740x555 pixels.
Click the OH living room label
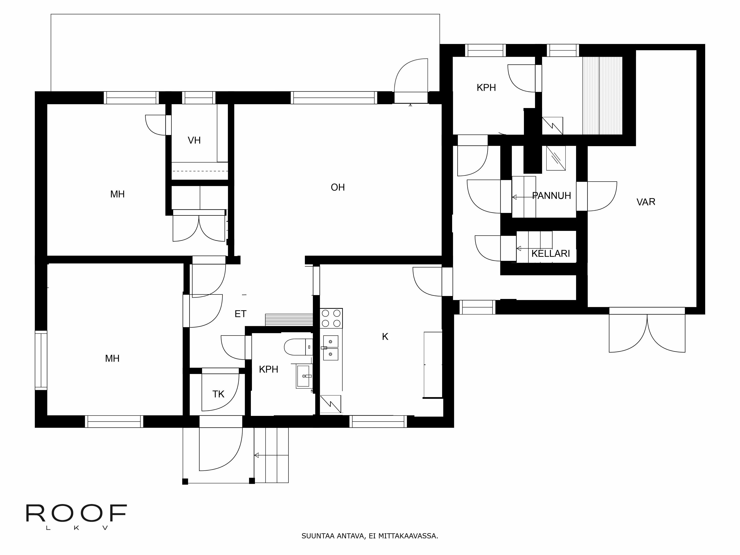tap(338, 187)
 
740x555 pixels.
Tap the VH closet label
tap(194, 140)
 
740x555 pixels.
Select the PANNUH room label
tap(551, 196)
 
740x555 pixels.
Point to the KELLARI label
tap(550, 254)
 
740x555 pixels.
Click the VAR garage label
tap(646, 202)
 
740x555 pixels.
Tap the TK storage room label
tap(218, 394)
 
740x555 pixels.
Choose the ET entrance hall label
tap(240, 314)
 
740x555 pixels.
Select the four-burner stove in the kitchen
tap(331, 318)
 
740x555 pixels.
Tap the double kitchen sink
tap(331, 348)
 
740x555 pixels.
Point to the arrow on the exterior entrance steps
tap(257, 455)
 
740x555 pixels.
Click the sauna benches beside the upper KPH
tap(602, 95)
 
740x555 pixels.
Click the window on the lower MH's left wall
tap(41, 360)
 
